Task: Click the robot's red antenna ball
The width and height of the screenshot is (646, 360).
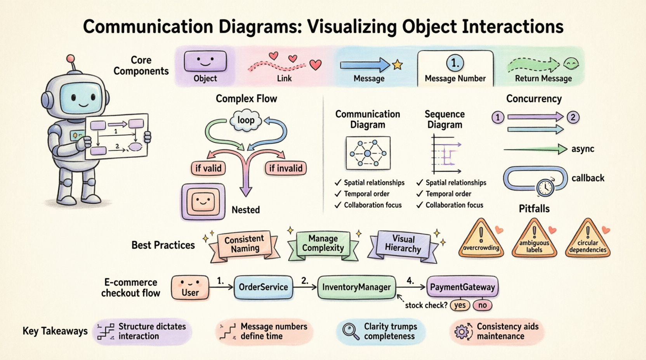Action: [70, 59]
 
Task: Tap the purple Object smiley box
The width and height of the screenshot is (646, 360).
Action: [205, 62]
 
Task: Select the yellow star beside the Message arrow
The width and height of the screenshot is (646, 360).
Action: [398, 65]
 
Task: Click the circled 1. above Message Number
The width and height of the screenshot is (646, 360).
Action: [455, 63]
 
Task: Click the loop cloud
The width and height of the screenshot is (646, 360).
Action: [246, 120]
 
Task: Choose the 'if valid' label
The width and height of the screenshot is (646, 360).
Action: [208, 168]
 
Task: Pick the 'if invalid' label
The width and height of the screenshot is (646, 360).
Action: [286, 168]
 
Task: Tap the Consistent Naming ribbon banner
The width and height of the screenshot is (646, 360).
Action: [244, 244]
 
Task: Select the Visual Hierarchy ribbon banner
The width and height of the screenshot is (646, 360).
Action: [403, 244]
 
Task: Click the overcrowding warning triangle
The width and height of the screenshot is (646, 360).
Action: [481, 240]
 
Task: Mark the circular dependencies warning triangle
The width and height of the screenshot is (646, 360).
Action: [588, 240]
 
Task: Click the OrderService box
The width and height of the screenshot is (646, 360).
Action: [263, 287]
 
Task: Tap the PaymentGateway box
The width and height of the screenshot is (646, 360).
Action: [462, 287]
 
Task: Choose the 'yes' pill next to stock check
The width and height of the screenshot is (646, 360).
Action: [460, 305]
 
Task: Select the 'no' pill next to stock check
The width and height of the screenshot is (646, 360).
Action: [483, 305]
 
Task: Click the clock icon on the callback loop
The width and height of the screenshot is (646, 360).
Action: [545, 187]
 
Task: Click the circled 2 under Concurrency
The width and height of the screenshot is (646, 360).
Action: [573, 117]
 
